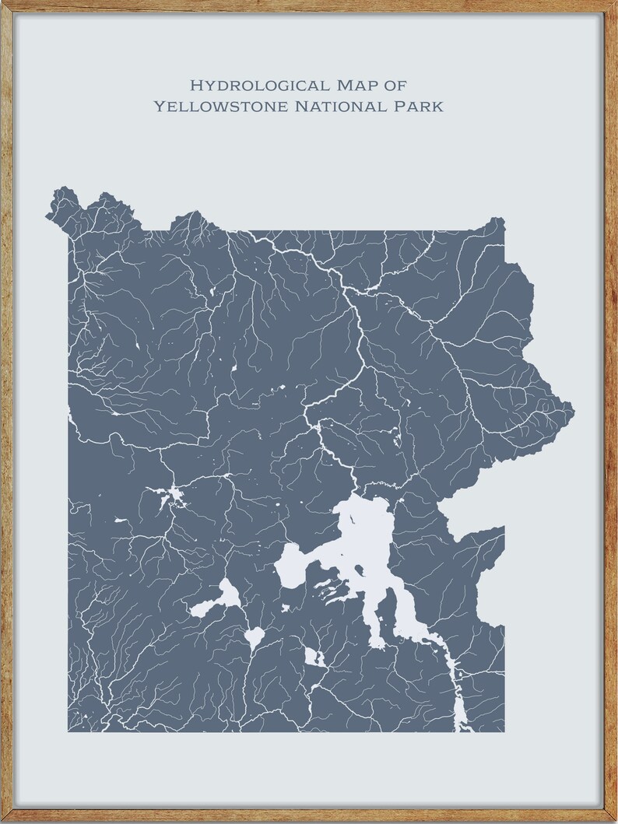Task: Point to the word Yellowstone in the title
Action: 220,106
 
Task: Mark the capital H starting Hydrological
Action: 196,84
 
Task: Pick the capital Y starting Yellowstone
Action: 159,106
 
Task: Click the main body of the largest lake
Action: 366,537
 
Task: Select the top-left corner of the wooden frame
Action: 6,6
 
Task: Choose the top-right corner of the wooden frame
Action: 612,6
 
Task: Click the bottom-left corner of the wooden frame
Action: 6,817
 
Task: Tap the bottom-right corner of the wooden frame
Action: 612,817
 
